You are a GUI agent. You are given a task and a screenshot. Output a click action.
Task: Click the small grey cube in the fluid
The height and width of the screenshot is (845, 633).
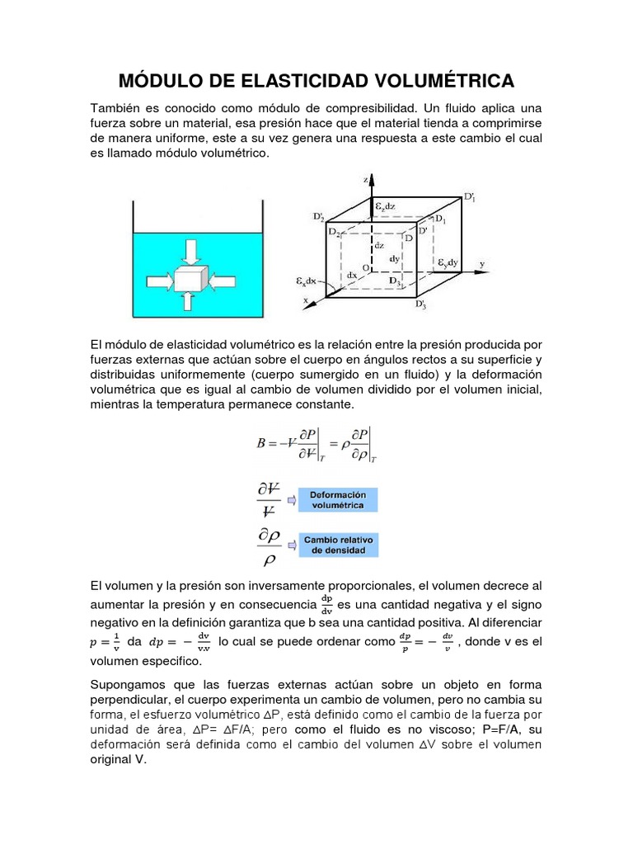click(188, 278)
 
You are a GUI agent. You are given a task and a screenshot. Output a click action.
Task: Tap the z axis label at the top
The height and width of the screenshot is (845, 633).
click(365, 177)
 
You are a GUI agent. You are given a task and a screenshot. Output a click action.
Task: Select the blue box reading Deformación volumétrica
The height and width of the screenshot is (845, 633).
click(338, 499)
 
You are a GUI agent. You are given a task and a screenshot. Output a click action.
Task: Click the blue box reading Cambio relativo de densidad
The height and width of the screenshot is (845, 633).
click(338, 545)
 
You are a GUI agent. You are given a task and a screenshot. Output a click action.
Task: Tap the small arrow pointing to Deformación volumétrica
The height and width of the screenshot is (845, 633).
click(291, 499)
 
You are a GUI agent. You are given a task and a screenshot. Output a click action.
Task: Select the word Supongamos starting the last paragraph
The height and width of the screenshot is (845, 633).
click(128, 687)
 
